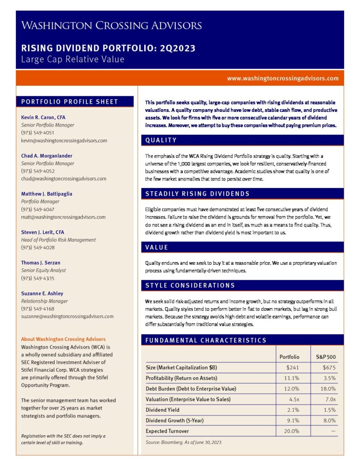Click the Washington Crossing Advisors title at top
click(x=112, y=25)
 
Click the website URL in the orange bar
click(x=283, y=78)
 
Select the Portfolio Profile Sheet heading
click(x=70, y=101)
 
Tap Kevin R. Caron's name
click(x=43, y=117)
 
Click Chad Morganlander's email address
click(x=64, y=179)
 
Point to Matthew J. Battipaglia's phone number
click(x=38, y=209)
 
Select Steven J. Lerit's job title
click(x=59, y=240)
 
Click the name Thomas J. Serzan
click(x=41, y=263)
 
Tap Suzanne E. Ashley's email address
click(x=67, y=316)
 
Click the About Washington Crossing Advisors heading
click(x=63, y=339)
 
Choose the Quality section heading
click(x=161, y=140)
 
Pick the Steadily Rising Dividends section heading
click(x=198, y=194)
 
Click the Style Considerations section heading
click(x=190, y=285)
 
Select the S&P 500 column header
click(x=325, y=357)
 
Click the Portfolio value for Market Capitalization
click(x=292, y=367)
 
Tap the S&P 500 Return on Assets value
click(x=329, y=378)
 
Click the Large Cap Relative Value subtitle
click(x=73, y=59)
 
